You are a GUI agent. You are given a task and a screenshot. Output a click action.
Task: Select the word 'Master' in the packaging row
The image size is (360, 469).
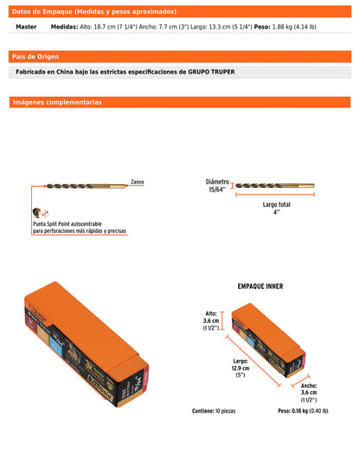tap(27, 28)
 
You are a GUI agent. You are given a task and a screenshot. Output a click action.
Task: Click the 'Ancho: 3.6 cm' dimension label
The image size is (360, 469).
tap(309, 394)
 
